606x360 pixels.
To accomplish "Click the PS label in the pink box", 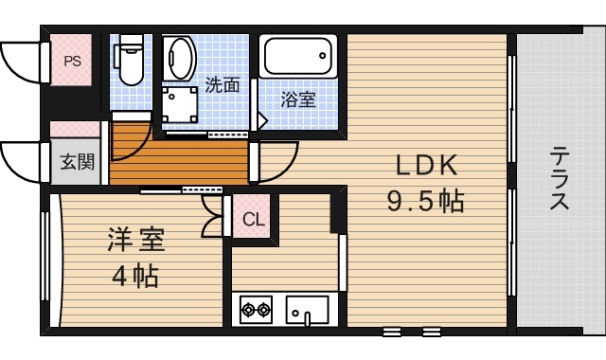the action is click(72, 61).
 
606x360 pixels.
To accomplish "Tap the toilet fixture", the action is click(129, 59).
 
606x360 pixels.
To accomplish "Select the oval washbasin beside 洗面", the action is click(180, 58).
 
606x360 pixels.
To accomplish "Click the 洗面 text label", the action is click(223, 85).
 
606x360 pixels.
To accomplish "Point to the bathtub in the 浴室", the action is click(298, 56).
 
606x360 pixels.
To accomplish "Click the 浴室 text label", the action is click(298, 99).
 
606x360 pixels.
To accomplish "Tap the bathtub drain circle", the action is click(322, 56).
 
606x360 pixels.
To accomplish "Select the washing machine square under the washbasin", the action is click(180, 104).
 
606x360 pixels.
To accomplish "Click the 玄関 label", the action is click(78, 161).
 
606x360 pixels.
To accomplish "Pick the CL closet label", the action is click(253, 220).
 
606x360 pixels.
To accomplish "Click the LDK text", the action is click(426, 166).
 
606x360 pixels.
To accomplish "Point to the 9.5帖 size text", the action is click(425, 202).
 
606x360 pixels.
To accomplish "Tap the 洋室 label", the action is click(136, 240).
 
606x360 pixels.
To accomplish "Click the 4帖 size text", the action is click(135, 276).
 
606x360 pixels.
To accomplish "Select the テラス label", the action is click(560, 178).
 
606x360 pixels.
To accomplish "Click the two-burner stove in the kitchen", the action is click(256, 310).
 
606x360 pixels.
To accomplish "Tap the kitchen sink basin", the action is click(307, 310).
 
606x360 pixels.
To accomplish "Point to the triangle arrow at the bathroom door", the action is click(262, 120).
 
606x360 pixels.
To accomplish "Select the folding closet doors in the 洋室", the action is click(212, 216).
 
